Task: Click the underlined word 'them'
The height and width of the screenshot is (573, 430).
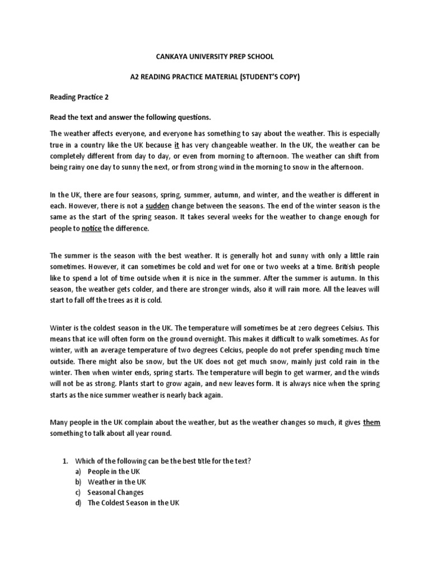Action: [x=371, y=422]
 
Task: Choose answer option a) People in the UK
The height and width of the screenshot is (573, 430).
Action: [x=114, y=472]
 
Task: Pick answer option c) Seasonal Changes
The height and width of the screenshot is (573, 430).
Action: [x=115, y=492]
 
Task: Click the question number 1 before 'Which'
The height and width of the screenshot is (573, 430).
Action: [x=64, y=461]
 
